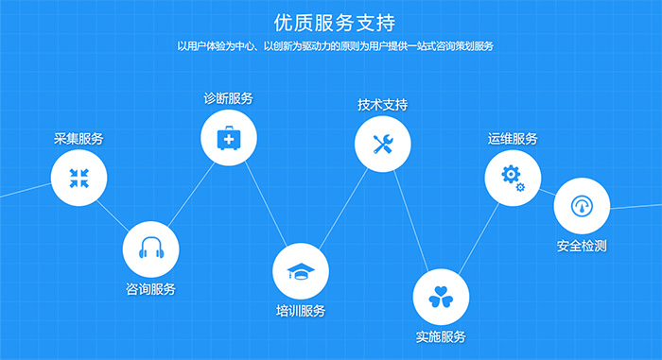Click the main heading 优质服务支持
pos(335,23)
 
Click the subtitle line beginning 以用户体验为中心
pos(335,46)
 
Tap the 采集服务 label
pos(78,139)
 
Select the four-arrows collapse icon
pos(78,178)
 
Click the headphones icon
pos(151,248)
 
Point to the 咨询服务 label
pos(150,289)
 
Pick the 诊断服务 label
pos(229,98)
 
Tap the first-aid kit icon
pos(229,138)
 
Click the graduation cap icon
pos(301,271)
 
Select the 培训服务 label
pos(301,311)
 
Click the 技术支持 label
pos(382,105)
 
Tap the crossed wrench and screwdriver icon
pos(383,144)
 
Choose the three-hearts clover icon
pos(441,297)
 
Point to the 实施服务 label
pos(441,336)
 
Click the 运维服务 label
pos(513,139)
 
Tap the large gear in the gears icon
pos(511,174)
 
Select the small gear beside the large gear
pos(520,186)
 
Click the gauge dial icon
pos(582,206)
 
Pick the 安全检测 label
pos(582,246)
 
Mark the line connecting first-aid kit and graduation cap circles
pos(266,204)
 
